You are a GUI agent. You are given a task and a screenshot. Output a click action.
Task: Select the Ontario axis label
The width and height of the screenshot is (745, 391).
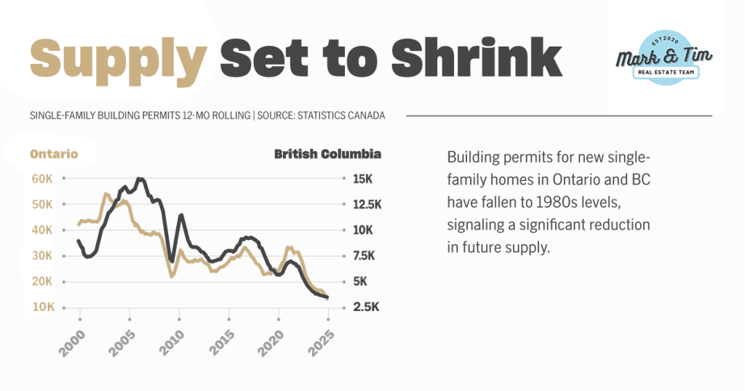click(x=54, y=154)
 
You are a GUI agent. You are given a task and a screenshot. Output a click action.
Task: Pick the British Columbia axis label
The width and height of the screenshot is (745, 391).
click(x=327, y=154)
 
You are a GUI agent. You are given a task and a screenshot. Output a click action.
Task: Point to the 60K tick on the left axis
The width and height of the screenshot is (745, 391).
click(x=41, y=179)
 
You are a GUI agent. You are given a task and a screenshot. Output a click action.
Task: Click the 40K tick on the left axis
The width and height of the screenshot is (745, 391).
click(x=41, y=230)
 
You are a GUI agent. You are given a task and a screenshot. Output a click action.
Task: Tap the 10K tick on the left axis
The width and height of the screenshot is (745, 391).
click(x=41, y=307)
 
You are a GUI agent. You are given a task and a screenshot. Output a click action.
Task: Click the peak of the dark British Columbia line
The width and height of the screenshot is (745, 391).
click(x=140, y=178)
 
